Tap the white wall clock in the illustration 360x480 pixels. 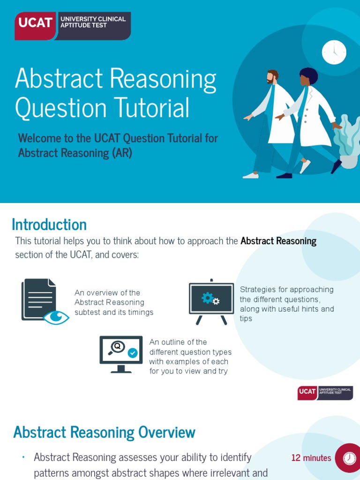(334, 52)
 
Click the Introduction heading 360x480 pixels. (49, 225)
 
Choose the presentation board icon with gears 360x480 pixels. (211, 300)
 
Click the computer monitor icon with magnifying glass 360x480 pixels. (121, 353)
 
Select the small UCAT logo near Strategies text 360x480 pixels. (325, 392)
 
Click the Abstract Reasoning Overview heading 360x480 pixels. (104, 432)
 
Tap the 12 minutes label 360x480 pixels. (311, 458)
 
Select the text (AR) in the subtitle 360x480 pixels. (121, 153)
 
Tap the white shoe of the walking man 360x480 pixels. (251, 175)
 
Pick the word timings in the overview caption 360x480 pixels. (140, 312)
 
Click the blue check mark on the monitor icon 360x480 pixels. (133, 353)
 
